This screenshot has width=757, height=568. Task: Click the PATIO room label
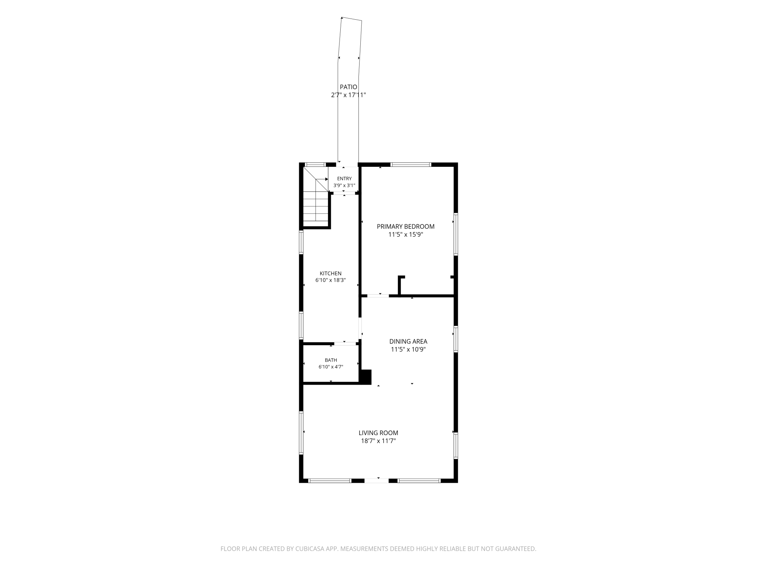pos(348,87)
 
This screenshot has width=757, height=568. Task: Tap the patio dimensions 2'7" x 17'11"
pos(348,95)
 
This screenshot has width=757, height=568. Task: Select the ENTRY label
pos(344,178)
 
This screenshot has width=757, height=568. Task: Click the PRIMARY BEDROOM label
pos(405,226)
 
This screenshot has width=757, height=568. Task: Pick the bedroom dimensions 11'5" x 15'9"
pos(405,234)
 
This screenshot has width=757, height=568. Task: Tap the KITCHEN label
pos(330,273)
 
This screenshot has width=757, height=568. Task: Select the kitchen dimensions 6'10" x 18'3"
pos(330,280)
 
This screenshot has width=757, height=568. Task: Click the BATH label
pos(331,360)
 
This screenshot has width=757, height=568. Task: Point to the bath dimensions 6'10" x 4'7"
pos(331,367)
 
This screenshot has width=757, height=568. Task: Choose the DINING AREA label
pos(408,342)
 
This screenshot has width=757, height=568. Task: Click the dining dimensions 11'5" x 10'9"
pos(408,350)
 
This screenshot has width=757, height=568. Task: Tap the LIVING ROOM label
pos(378,433)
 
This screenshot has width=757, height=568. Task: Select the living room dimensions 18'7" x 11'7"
pos(378,441)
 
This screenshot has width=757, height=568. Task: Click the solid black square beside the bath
pos(365,377)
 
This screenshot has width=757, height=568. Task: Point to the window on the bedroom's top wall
pos(411,165)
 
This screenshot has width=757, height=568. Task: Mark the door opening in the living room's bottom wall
pos(377,481)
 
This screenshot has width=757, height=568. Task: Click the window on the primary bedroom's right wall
pos(456,234)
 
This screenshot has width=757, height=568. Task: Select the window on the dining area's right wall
pos(456,339)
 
